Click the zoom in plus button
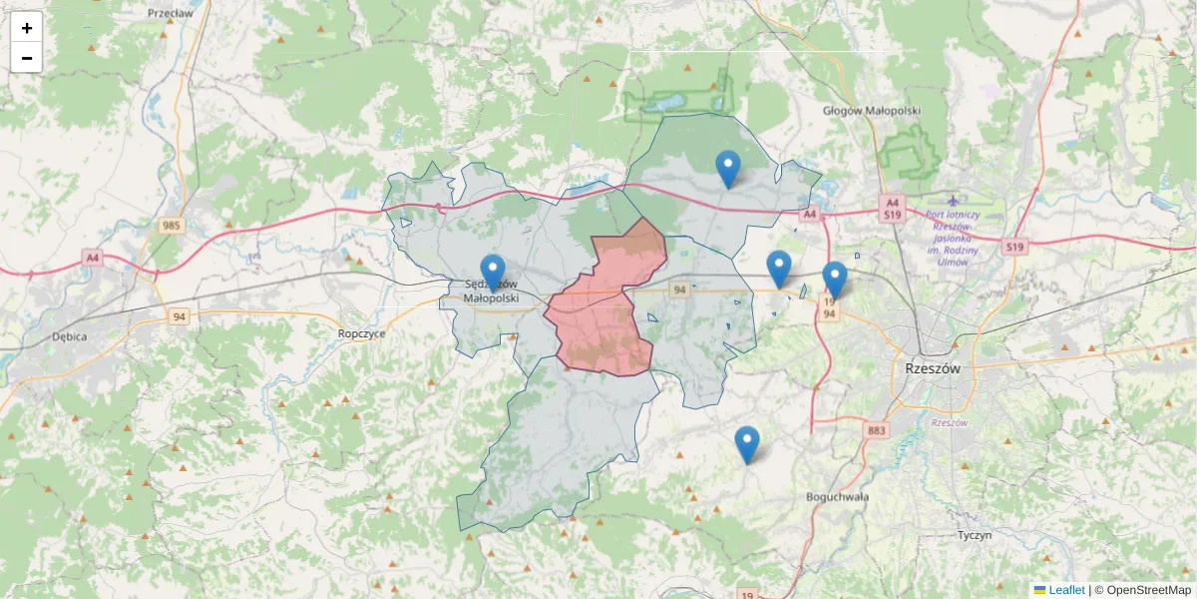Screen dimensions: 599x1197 pos(27,28)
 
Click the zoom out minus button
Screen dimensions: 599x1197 pos(27,58)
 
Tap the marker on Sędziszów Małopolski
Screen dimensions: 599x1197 pos(493,273)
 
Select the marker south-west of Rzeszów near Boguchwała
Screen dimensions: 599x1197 pos(746,444)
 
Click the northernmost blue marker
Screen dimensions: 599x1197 pos(728,169)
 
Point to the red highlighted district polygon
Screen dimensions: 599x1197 pos(603,309)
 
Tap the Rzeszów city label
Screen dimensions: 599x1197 pos(933,367)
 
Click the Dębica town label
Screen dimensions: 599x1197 pos(69,336)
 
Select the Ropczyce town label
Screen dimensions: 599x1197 pos(361,334)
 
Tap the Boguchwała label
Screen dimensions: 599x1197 pos(837,496)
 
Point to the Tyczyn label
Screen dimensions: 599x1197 pos(974,535)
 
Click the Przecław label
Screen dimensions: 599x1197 pos(170,14)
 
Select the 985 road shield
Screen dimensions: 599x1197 pos(172,226)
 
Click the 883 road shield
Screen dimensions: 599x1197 pos(876,431)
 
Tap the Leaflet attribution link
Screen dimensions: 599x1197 pos(1065,590)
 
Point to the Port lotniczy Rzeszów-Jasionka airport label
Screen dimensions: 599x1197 pos(952,232)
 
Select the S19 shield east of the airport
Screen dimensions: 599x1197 pos(1014,247)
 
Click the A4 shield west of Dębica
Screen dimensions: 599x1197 pos(93,258)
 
